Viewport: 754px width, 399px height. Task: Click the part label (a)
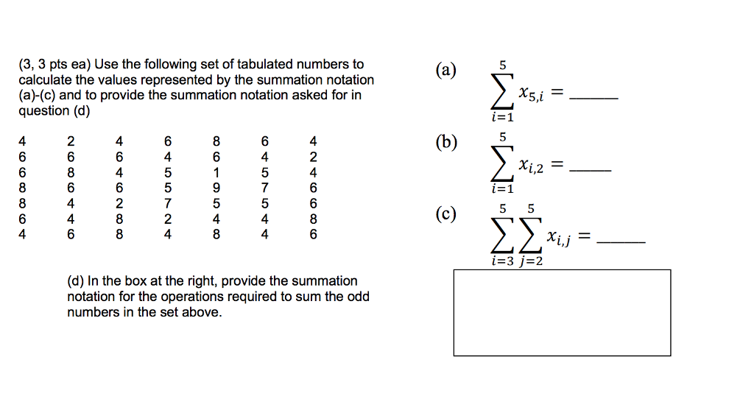445,71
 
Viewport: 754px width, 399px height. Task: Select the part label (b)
445,142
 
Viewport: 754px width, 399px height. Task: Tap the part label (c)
445,214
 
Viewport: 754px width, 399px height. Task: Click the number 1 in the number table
216,172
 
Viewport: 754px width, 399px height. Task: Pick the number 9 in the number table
216,188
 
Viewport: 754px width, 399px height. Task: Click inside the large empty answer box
562,313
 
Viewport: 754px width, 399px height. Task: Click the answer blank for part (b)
591,171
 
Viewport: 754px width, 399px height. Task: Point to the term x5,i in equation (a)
532,94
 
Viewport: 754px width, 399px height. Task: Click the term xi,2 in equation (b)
530,167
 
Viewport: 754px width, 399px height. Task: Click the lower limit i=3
503,261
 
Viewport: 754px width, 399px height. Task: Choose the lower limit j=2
529,261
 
